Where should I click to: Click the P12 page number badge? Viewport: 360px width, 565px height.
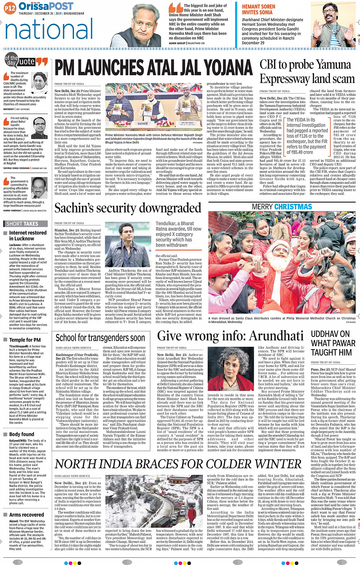tap(10, 7)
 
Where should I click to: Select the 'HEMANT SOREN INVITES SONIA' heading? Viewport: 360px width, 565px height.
tap(258, 10)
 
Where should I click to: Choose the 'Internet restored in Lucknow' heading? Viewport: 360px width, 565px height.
tap(27, 235)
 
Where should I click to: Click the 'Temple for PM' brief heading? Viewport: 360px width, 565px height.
tap(25, 340)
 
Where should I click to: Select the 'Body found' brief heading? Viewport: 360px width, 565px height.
tap(22, 434)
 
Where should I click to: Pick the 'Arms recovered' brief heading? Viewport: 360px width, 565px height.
tap(26, 515)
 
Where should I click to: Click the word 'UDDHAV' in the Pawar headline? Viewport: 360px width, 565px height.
tap(324, 334)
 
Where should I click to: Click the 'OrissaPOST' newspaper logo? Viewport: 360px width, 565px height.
tap(46, 6)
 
